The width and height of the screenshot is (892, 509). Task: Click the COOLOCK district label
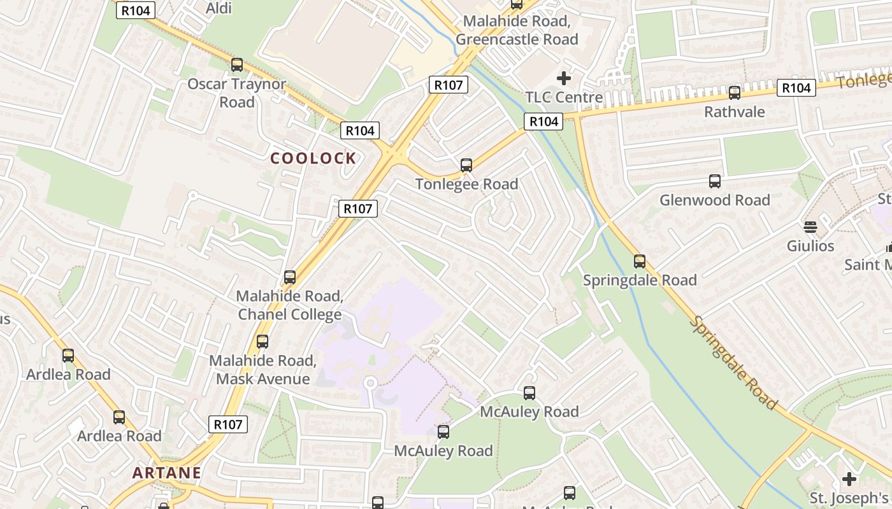[313, 158]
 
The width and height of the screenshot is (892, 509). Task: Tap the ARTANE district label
[167, 473]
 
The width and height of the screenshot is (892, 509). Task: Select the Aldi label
[219, 8]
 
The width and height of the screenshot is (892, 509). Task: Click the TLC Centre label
[564, 97]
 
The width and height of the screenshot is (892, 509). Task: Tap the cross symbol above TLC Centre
[564, 78]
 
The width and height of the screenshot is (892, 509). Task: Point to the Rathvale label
[734, 112]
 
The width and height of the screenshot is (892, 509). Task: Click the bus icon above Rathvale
[735, 93]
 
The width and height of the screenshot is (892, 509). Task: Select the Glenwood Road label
[715, 200]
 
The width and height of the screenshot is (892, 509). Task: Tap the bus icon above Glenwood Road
[715, 181]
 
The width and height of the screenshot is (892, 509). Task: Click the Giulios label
[810, 246]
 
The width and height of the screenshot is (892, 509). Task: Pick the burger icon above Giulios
[810, 227]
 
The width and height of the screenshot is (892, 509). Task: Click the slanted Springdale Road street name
[733, 362]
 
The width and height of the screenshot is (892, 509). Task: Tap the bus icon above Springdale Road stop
[640, 261]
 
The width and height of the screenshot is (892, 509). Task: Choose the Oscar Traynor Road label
[237, 93]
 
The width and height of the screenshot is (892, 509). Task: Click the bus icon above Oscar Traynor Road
[237, 64]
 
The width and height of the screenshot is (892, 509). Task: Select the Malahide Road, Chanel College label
[290, 305]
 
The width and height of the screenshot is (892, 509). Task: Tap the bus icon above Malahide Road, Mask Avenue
[263, 342]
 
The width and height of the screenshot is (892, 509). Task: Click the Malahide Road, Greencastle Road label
[517, 30]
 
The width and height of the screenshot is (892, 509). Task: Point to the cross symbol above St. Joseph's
[849, 478]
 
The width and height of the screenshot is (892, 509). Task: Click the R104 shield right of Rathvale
[796, 88]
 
